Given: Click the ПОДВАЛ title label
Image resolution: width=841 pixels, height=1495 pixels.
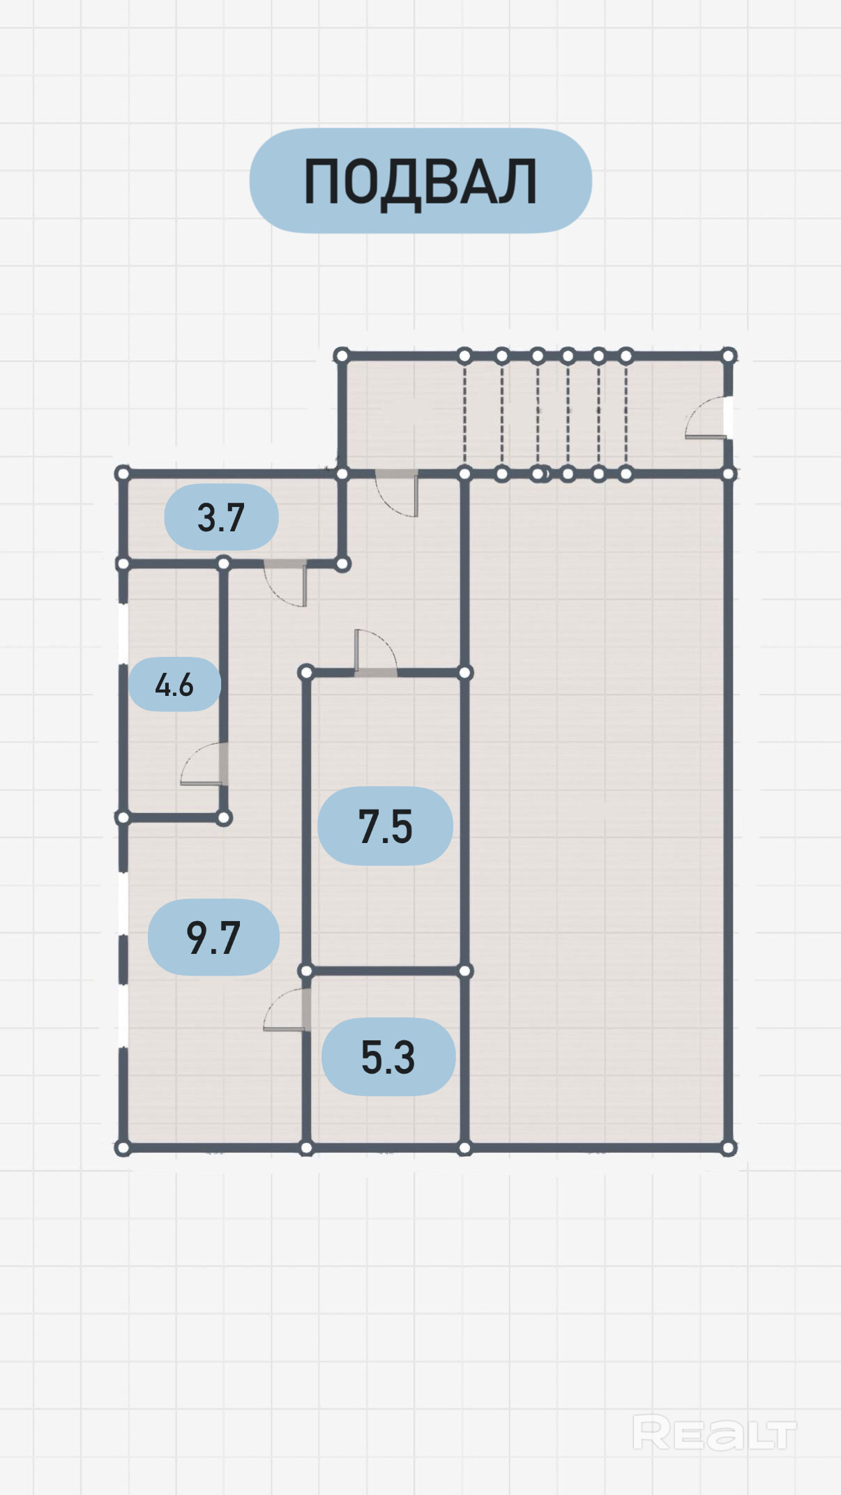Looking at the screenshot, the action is click(x=420, y=181).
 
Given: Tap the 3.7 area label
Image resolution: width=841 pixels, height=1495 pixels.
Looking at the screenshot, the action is click(x=221, y=517).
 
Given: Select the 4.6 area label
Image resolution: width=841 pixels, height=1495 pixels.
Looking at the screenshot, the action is click(x=174, y=685).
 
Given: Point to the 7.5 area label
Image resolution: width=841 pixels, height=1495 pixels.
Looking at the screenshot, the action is click(x=385, y=826).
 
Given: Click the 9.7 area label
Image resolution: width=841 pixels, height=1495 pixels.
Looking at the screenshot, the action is click(x=213, y=937).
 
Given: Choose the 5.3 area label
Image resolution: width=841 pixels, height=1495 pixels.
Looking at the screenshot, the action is click(x=388, y=1056).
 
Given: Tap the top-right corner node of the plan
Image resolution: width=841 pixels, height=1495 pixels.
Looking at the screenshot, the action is click(x=728, y=356).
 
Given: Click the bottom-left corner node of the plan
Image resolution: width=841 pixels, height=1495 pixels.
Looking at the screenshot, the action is click(x=123, y=1147).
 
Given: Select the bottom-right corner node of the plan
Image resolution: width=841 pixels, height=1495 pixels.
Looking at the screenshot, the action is click(x=728, y=1147).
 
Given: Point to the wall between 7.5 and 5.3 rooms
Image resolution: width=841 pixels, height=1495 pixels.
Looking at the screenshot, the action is click(x=385, y=971).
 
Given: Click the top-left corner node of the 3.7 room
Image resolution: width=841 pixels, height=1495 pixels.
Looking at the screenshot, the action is click(x=123, y=474).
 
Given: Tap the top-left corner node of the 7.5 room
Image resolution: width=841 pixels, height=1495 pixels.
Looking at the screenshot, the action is click(x=305, y=672).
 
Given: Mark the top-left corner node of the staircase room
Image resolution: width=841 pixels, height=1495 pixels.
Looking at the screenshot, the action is click(x=342, y=356).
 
